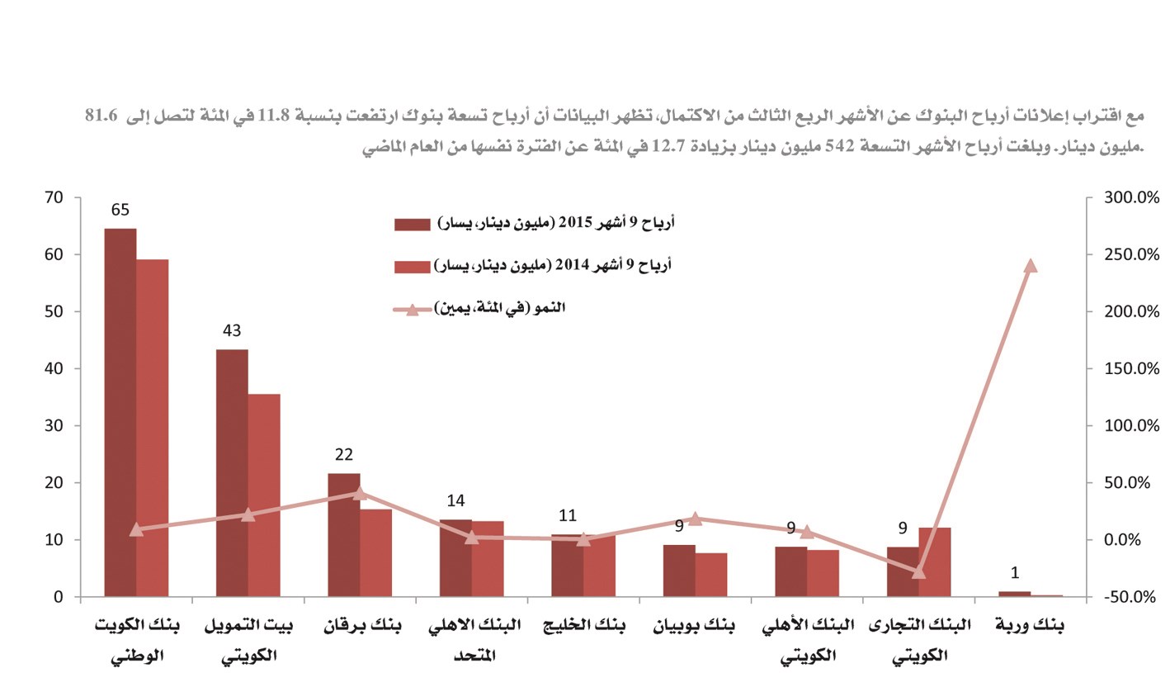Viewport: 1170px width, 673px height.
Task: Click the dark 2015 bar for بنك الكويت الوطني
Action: (120, 413)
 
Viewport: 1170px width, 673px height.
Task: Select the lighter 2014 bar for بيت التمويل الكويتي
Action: (264, 495)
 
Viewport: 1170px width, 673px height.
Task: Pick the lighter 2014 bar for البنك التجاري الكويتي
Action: (935, 562)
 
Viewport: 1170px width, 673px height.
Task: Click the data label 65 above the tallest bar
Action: (120, 210)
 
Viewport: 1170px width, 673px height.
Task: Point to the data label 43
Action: (232, 331)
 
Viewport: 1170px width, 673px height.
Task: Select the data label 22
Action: (344, 455)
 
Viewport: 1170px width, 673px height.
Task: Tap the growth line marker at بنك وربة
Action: (1030, 265)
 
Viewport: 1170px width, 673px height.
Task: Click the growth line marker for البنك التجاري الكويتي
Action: (919, 571)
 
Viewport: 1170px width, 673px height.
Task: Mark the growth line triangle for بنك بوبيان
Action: (695, 518)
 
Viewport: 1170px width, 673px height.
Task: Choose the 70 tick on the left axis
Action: (54, 197)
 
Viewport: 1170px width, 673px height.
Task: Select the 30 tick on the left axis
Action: (54, 426)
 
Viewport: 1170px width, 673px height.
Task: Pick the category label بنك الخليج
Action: (583, 626)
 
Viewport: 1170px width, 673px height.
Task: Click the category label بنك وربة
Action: (1030, 626)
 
